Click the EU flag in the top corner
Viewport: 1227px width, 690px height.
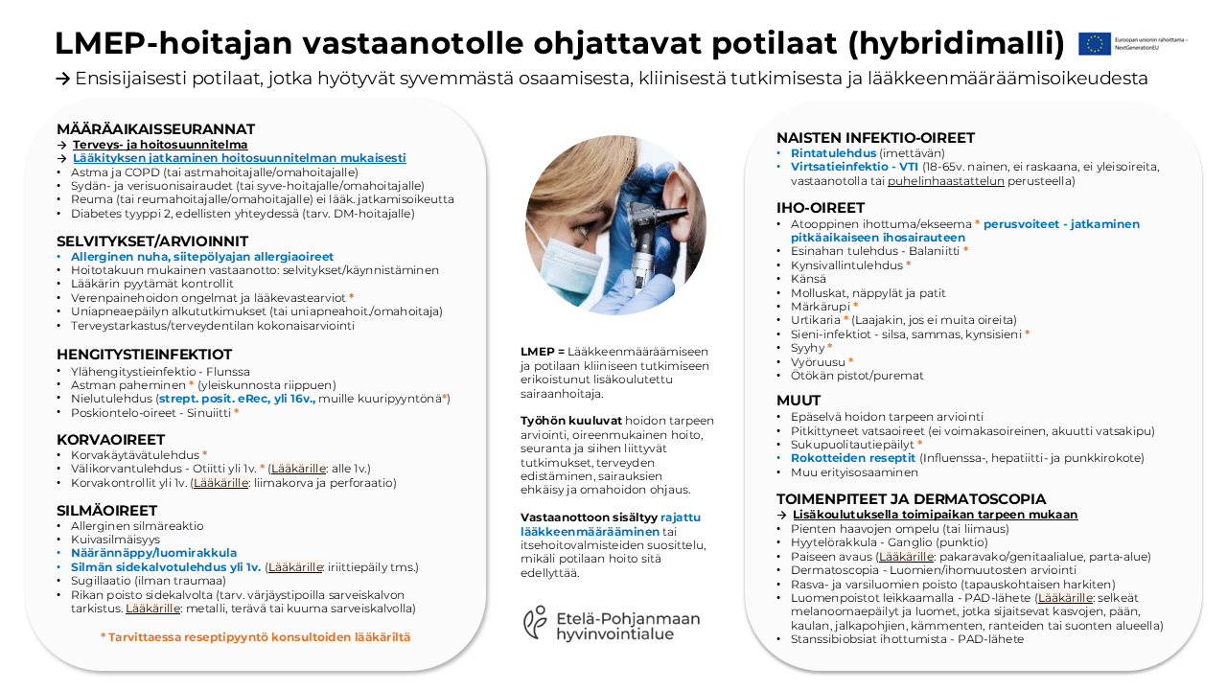[1094, 43]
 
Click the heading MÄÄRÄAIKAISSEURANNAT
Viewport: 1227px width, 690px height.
[155, 129]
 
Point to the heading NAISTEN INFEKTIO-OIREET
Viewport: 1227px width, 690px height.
[875, 137]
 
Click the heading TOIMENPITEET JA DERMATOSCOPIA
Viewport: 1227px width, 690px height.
[911, 499]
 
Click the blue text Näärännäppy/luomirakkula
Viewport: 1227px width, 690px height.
[153, 553]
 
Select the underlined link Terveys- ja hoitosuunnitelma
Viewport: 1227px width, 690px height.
[160, 145]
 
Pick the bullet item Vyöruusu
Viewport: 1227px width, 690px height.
[817, 362]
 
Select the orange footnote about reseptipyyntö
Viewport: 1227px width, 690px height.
[255, 637]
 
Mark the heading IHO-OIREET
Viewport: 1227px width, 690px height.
[821, 207]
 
